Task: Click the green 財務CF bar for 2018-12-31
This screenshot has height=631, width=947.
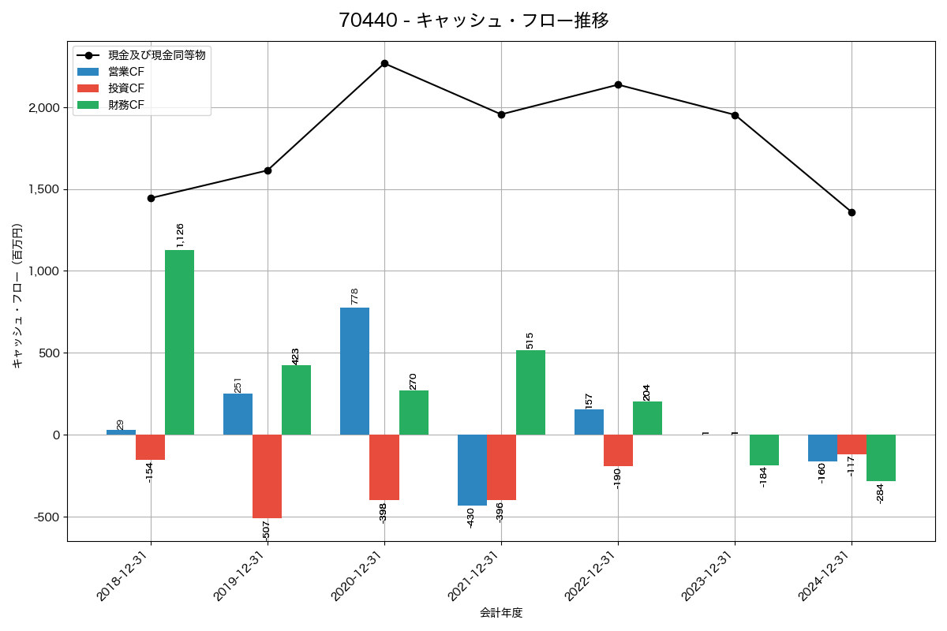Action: point(179,342)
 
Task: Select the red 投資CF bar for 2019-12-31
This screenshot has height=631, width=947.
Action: point(267,476)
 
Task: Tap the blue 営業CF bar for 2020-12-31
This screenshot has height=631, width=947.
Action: point(354,371)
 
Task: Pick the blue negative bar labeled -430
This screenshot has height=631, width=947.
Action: point(472,470)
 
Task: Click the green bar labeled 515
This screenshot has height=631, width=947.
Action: point(530,392)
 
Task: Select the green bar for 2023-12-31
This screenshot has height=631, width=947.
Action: point(764,450)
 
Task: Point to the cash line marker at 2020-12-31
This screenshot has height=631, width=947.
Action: point(384,63)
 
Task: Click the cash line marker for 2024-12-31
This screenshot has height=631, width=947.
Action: point(852,212)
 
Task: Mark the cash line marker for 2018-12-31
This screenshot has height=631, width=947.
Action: point(151,198)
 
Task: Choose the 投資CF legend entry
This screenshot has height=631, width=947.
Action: point(126,88)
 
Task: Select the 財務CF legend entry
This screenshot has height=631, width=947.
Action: point(126,105)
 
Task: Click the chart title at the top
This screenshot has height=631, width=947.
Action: point(473,21)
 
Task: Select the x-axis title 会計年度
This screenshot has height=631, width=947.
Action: point(501,613)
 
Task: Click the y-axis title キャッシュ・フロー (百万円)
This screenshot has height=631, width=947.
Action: point(17,296)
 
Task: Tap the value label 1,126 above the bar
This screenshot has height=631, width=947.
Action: point(180,235)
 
